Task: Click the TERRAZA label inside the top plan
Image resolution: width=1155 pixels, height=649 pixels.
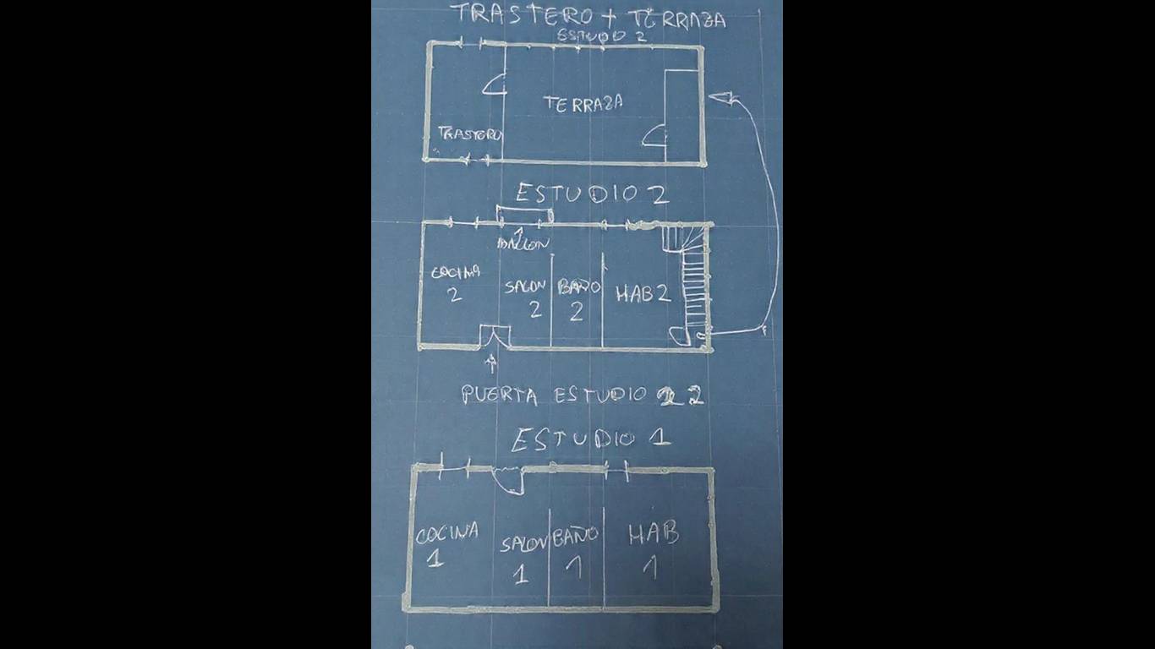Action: coord(583,104)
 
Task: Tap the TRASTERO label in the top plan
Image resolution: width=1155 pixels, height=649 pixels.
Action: coord(469,134)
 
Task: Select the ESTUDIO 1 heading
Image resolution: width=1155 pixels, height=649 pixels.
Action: coord(590,439)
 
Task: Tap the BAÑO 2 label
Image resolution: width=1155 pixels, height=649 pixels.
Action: coord(577,298)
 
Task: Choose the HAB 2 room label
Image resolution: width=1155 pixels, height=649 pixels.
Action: coord(643,294)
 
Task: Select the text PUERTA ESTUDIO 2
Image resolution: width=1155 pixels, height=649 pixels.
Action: coord(582,395)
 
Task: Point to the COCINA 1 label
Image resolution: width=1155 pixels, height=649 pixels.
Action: coord(446,543)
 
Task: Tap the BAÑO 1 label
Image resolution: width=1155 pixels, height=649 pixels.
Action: coord(575,549)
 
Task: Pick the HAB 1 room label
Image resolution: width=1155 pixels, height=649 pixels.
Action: coord(652,548)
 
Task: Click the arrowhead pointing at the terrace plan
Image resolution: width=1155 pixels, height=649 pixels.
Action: coord(720,99)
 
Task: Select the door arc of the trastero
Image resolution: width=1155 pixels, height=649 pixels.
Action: coord(494,85)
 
